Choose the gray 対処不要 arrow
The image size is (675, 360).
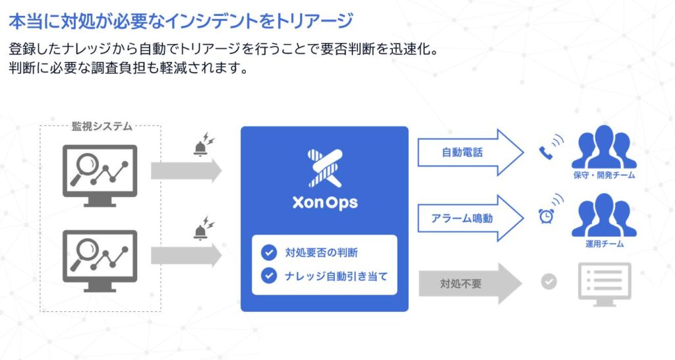(x=468, y=284)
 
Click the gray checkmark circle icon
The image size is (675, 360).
(x=548, y=282)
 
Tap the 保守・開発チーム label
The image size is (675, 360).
(x=604, y=175)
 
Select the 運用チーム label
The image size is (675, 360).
(x=604, y=244)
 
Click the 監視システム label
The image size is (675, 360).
(x=102, y=126)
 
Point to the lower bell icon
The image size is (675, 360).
(x=200, y=231)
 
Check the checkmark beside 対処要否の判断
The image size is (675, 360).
(x=268, y=252)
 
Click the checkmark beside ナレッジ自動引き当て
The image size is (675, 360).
(x=268, y=275)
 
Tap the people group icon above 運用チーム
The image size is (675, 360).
(x=604, y=215)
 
